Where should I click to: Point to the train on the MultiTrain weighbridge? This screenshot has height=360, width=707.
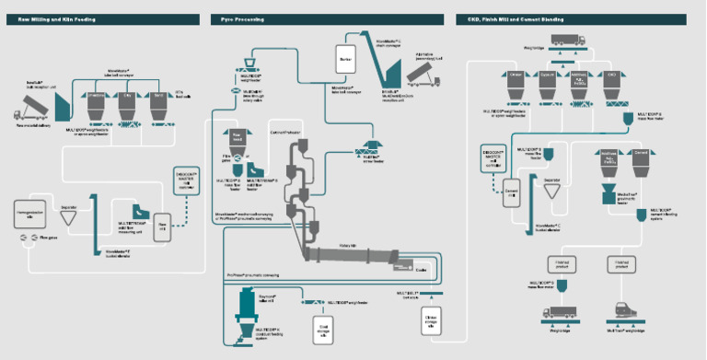coord(619,311)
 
